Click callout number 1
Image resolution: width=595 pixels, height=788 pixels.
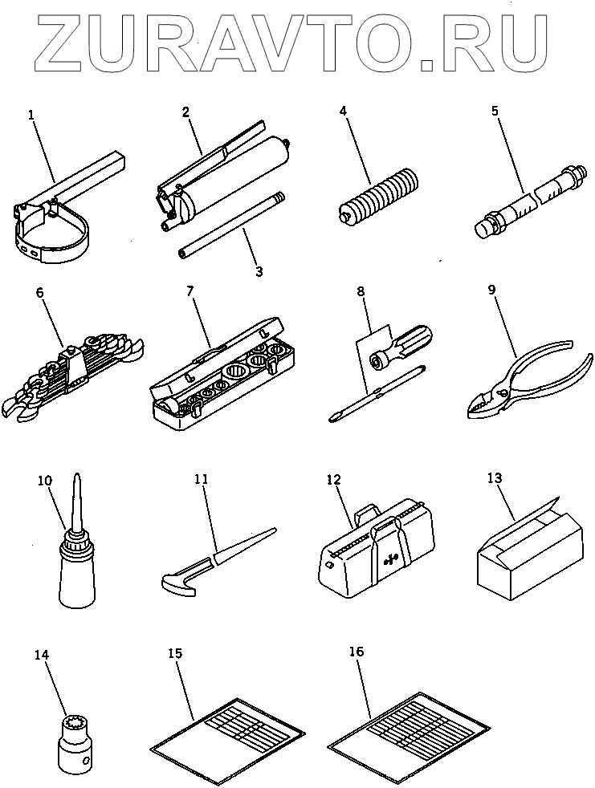click(31, 115)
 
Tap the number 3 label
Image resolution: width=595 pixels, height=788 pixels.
click(259, 272)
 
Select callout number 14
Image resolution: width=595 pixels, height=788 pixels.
click(42, 655)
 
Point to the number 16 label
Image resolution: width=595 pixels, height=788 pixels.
click(357, 652)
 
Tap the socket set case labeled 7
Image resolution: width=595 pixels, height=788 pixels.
click(217, 377)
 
